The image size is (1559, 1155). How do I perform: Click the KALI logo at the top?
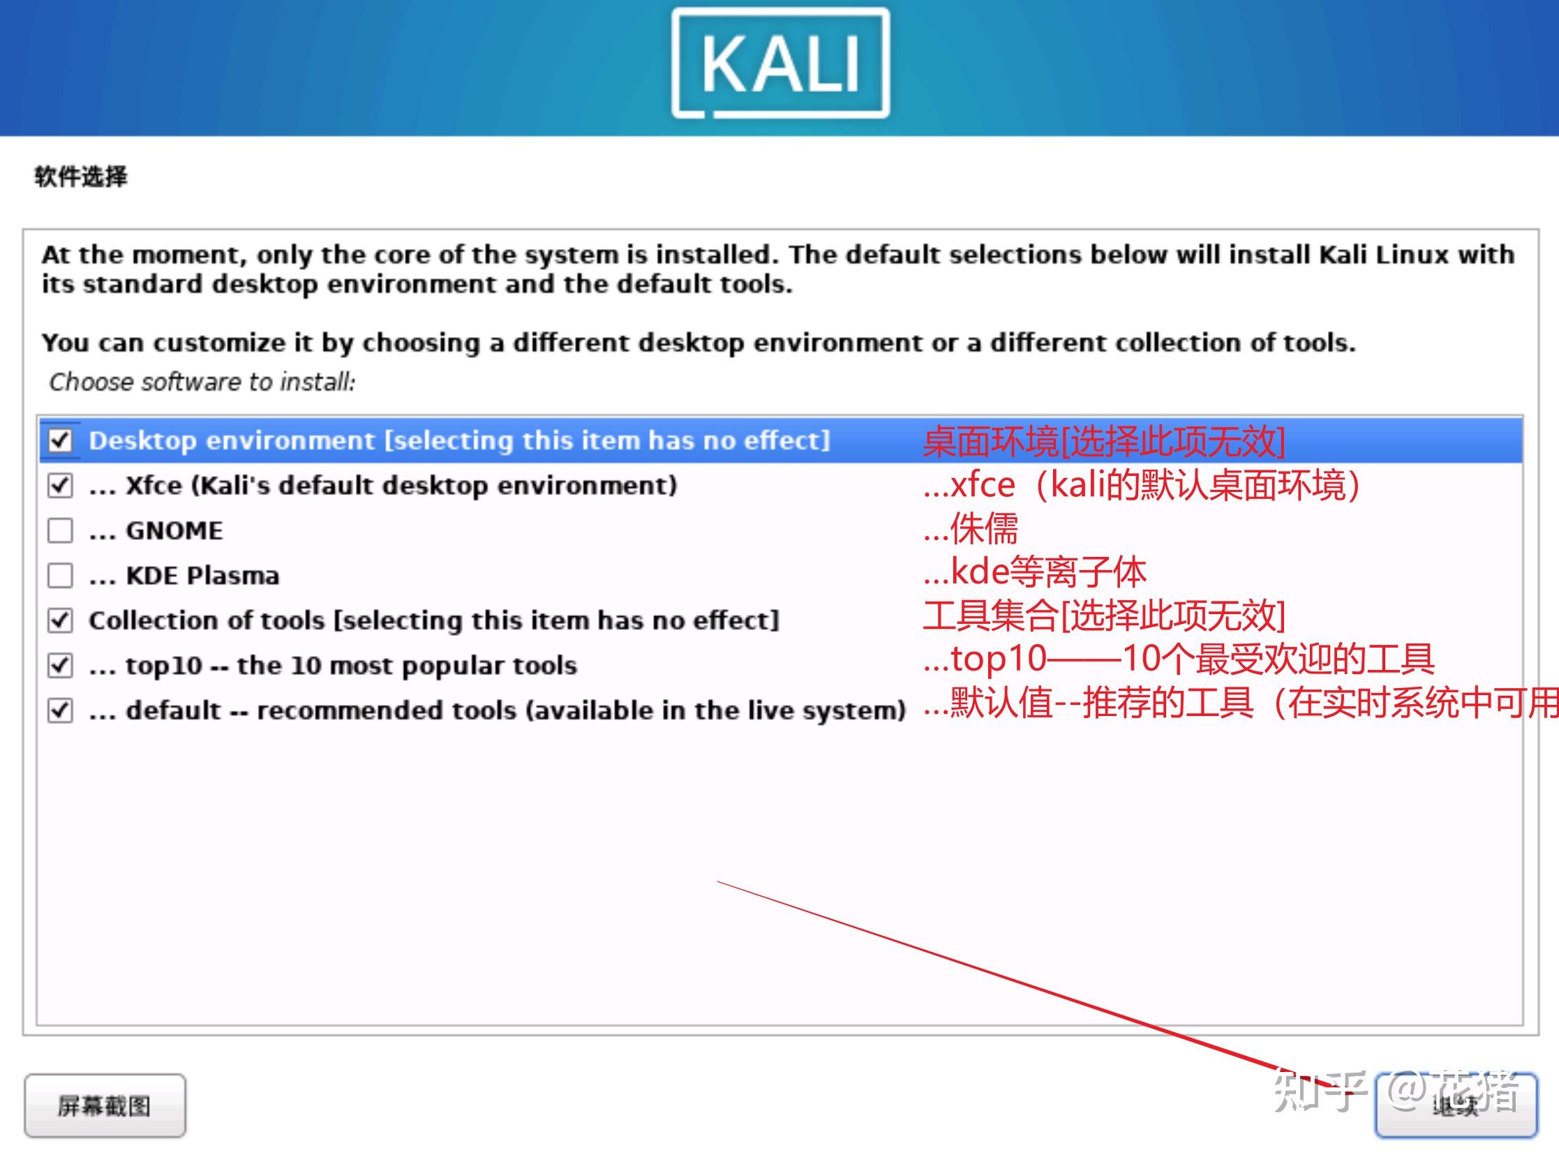point(780,63)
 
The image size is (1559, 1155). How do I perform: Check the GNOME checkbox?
point(60,530)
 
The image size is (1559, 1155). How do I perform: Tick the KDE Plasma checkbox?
point(60,575)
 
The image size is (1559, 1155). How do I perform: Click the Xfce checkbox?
point(60,485)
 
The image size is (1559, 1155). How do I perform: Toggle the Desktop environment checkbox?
point(60,440)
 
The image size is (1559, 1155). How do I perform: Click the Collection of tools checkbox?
point(60,620)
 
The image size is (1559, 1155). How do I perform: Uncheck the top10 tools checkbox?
point(60,665)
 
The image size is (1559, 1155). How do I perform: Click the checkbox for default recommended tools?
point(60,710)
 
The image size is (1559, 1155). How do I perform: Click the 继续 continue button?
point(1456,1105)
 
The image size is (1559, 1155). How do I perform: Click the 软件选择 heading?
point(81,176)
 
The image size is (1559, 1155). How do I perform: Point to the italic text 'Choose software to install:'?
point(202,382)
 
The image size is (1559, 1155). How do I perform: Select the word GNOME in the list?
point(174,530)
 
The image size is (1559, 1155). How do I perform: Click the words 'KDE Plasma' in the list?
point(202,575)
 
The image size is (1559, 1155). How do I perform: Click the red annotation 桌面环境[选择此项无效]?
point(1104,442)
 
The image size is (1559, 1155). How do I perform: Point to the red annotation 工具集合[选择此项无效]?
point(1104,616)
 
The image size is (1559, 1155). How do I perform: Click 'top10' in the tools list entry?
point(163,666)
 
